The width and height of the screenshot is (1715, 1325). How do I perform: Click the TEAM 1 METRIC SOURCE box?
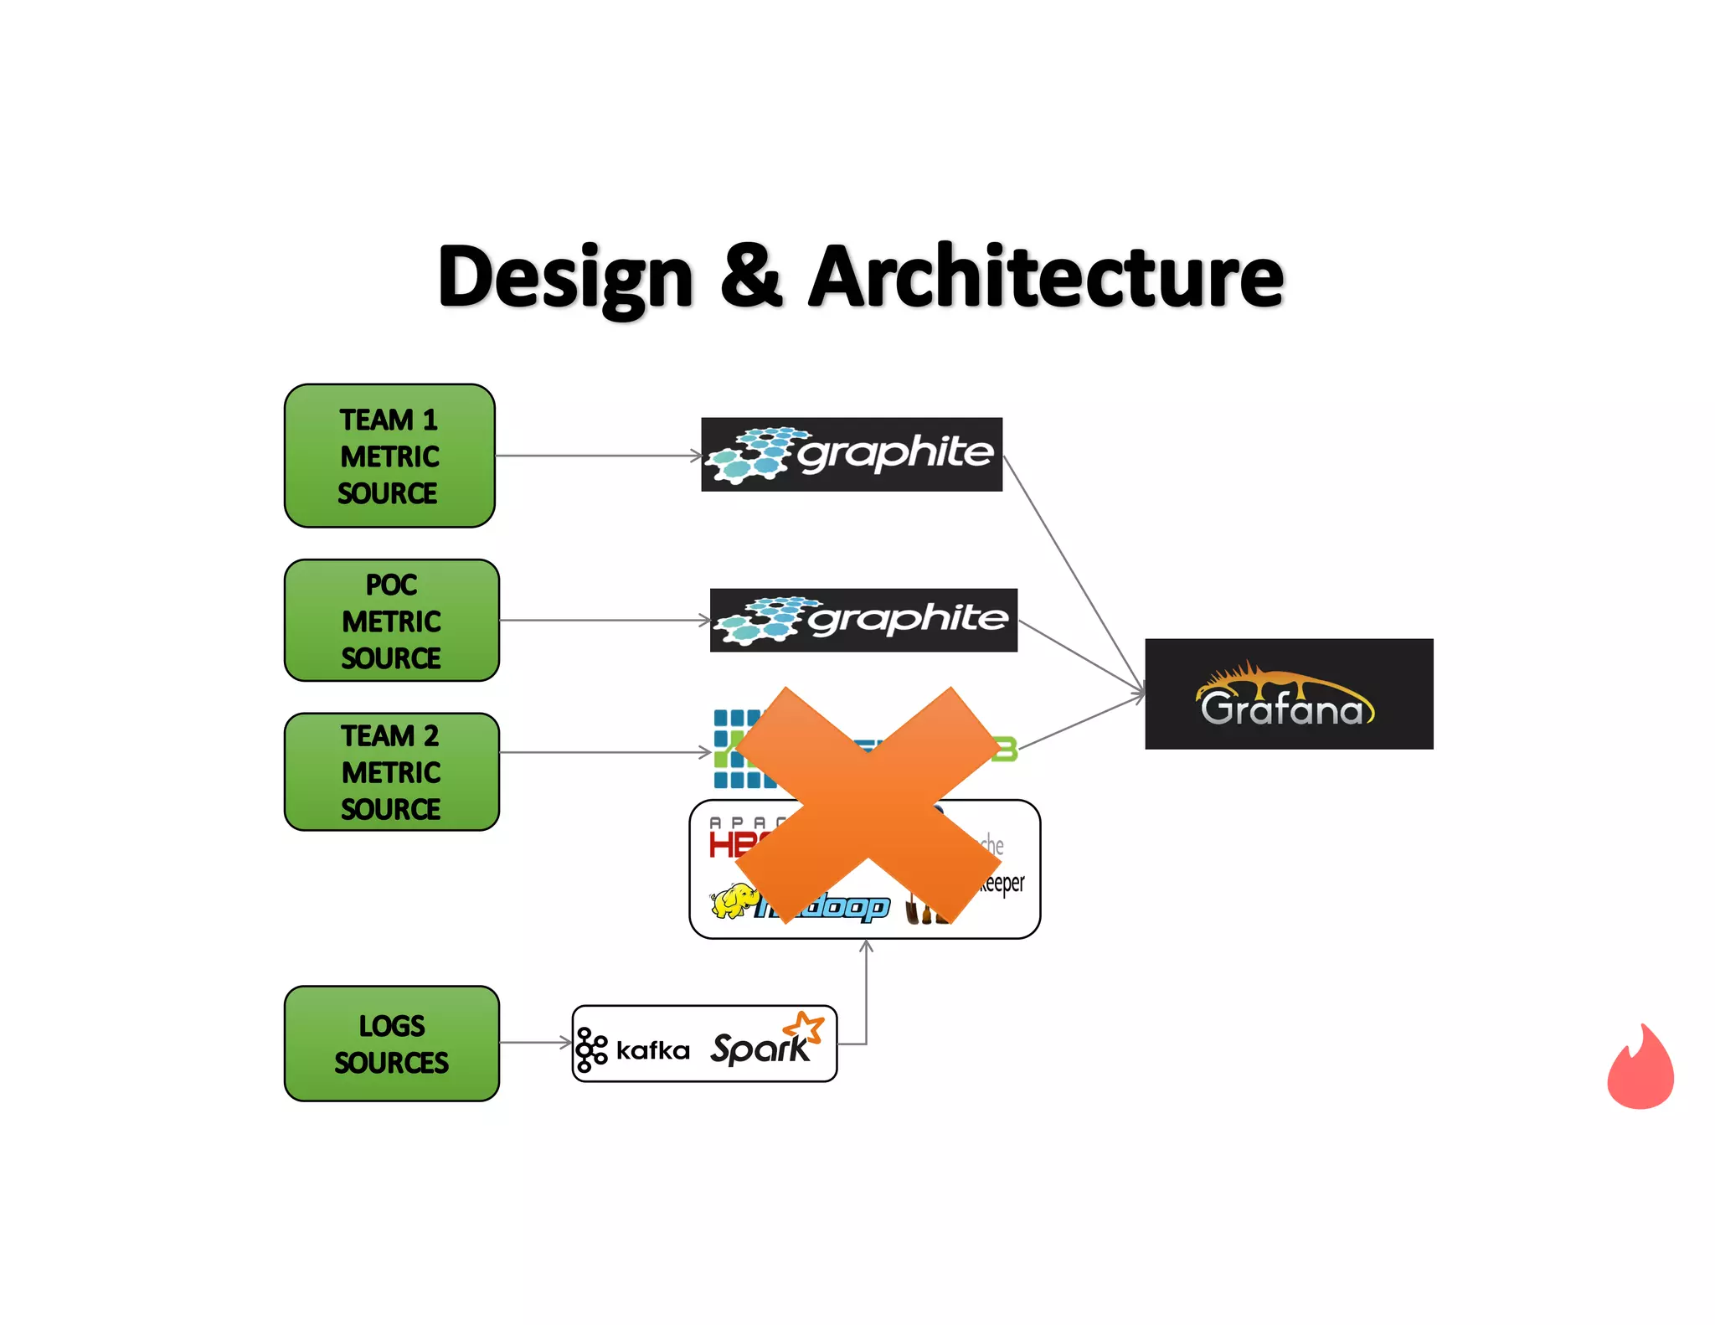tap(389, 456)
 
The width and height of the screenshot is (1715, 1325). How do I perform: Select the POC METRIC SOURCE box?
tap(391, 621)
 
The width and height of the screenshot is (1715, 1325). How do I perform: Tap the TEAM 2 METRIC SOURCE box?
tap(391, 771)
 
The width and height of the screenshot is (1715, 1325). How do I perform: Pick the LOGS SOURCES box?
tap(391, 1044)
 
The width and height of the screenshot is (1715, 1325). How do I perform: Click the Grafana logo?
tap(1288, 694)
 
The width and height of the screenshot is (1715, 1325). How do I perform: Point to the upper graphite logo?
tap(851, 454)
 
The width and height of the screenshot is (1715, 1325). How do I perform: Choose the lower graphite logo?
tap(863, 620)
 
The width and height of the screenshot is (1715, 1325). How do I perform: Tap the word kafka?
tap(652, 1050)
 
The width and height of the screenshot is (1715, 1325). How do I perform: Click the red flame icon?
tap(1640, 1068)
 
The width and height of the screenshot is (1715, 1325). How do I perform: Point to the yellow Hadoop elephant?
tap(734, 901)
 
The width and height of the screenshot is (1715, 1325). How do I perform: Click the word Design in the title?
tap(565, 277)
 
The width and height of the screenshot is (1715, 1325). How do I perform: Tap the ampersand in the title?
tap(751, 277)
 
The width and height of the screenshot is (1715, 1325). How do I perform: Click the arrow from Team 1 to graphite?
tap(598, 456)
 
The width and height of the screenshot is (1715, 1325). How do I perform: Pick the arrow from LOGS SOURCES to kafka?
tap(536, 1043)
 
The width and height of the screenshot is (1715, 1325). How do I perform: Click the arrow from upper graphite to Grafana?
tap(1074, 574)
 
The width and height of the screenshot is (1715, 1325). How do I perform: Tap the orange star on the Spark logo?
tap(804, 1027)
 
